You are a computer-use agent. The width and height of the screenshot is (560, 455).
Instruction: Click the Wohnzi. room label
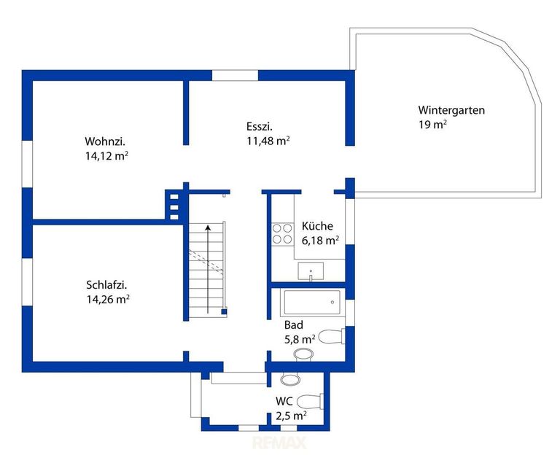coord(105,141)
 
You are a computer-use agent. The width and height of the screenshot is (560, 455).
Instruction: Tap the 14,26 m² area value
coord(107,298)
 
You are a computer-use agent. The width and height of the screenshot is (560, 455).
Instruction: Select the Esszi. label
coord(260,126)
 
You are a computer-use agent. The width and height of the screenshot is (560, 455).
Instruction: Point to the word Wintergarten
coord(451,110)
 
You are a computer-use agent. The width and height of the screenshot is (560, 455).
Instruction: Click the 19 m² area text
coord(432,124)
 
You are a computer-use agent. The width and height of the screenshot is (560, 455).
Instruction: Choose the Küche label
coord(317,226)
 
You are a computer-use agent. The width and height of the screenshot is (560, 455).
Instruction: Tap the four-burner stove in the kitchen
coord(282,234)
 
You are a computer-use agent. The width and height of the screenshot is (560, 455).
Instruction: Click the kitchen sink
coord(311,271)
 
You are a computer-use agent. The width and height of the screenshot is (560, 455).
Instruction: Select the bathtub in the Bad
coord(312,303)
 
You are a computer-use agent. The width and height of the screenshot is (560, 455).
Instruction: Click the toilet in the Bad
coord(331,336)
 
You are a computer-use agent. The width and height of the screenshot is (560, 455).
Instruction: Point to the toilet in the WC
coord(310,401)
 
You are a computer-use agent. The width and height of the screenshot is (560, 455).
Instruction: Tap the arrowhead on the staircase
coord(208,227)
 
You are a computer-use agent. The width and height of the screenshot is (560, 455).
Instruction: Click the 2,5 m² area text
coord(291,416)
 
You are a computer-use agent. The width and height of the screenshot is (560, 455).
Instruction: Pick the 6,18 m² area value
coord(320,241)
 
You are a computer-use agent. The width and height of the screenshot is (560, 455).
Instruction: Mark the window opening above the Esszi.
coord(235,75)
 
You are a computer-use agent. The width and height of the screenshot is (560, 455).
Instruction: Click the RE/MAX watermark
coord(280,443)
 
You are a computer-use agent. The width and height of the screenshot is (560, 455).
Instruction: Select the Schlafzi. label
coord(106,284)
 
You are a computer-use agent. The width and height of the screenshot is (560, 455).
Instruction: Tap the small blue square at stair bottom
coord(224,312)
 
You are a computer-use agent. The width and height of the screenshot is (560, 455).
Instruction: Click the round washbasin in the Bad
coord(303,355)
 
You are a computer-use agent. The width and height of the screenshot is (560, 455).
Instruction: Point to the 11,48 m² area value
coord(268,141)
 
